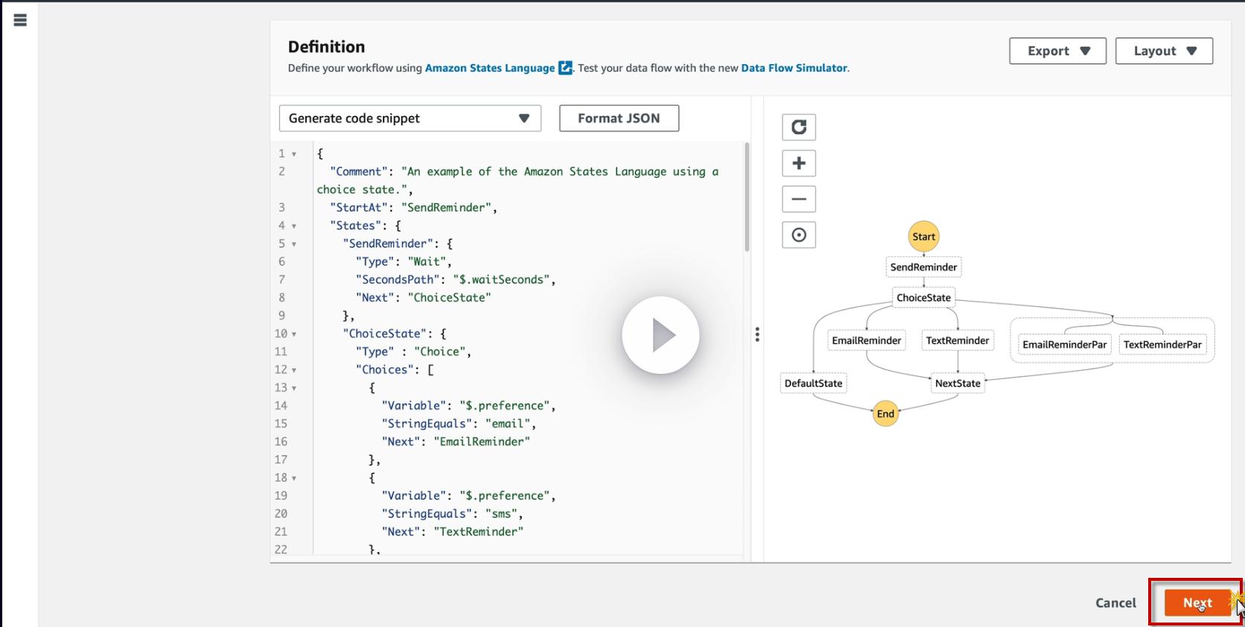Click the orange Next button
click(1197, 602)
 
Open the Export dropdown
click(1057, 51)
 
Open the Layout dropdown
click(1164, 51)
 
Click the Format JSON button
click(619, 118)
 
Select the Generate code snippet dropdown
click(410, 118)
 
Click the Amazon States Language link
click(490, 68)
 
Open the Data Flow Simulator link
click(794, 68)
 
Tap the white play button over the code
click(660, 335)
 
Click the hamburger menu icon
click(20, 20)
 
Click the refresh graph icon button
click(798, 127)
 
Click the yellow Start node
click(923, 237)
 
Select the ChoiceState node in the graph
click(923, 298)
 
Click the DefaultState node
click(813, 383)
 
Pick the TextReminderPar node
click(1162, 344)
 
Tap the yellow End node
click(885, 414)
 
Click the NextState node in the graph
click(958, 383)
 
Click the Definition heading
click(326, 47)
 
